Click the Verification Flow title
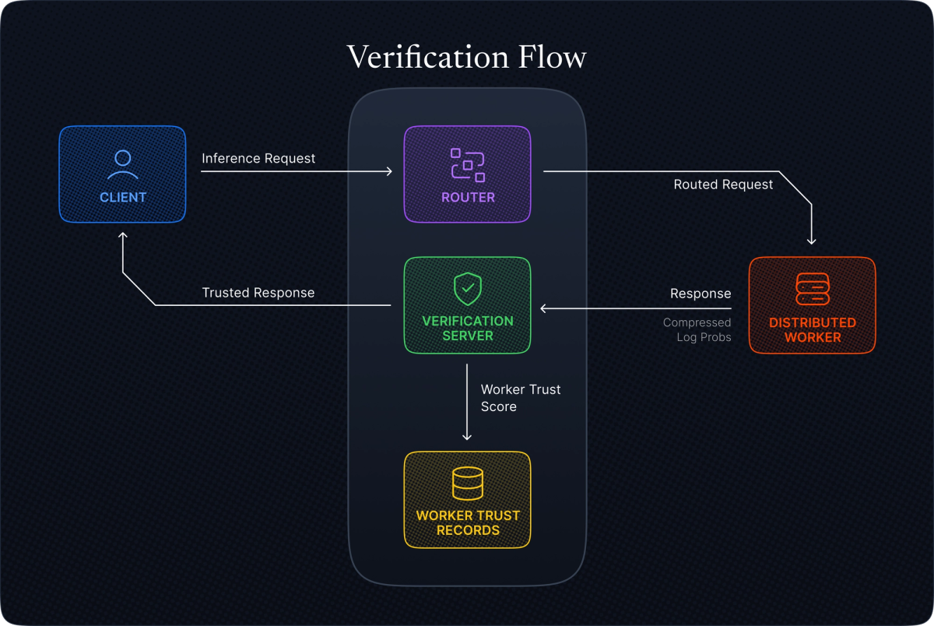[x=466, y=58]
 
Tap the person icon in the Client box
[x=122, y=164]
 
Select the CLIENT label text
[x=123, y=198]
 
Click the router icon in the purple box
[x=467, y=164]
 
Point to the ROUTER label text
[x=468, y=198]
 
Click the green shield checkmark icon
[x=467, y=289]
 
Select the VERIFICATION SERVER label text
[x=467, y=329]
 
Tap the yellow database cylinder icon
[x=467, y=484]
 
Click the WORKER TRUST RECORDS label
[x=467, y=522]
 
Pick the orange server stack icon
[x=812, y=289]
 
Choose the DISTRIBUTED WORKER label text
[x=812, y=330]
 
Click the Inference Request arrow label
[x=258, y=159]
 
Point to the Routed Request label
[x=723, y=185]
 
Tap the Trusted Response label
[x=258, y=293]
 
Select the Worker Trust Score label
[x=520, y=398]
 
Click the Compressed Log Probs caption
[x=697, y=330]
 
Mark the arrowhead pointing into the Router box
[x=388, y=171]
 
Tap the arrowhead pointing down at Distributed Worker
[x=812, y=241]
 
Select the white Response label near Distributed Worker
[x=700, y=294]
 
